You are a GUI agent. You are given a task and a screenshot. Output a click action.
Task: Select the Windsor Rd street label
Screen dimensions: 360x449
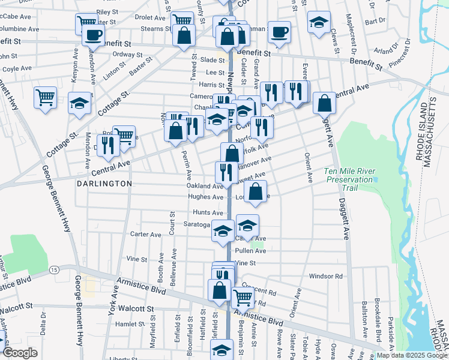point(325,277)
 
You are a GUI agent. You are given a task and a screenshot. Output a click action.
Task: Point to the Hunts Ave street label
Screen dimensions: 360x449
point(208,212)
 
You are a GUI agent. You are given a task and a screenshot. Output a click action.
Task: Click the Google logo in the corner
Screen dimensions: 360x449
point(20,352)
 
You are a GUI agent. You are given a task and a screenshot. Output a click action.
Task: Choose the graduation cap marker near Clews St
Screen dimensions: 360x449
point(318,23)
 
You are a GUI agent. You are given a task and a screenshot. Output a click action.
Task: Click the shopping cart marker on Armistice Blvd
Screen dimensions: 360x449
point(243,297)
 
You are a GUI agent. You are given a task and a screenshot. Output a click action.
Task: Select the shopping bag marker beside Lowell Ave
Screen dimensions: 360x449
point(255,191)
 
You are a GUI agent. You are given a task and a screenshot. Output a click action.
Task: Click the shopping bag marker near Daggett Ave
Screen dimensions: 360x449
point(324,103)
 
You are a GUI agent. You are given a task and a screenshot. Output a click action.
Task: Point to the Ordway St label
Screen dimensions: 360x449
point(127,54)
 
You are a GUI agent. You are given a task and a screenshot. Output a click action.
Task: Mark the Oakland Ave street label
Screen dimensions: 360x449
point(205,186)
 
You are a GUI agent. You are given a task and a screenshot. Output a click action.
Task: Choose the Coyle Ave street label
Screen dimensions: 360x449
point(16,68)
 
